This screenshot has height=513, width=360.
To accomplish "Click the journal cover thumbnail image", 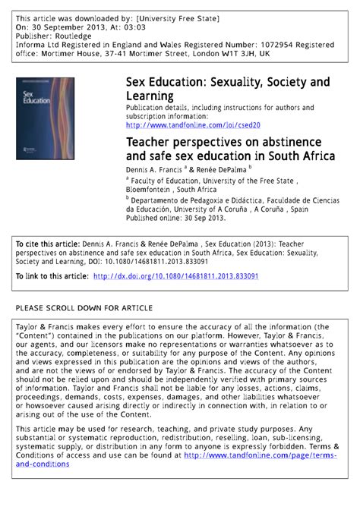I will [45, 118].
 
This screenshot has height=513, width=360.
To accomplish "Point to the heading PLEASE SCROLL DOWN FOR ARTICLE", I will [84, 308].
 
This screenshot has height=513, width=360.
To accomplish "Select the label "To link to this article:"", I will [51, 277].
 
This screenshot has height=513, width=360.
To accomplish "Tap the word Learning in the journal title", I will [150, 96].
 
